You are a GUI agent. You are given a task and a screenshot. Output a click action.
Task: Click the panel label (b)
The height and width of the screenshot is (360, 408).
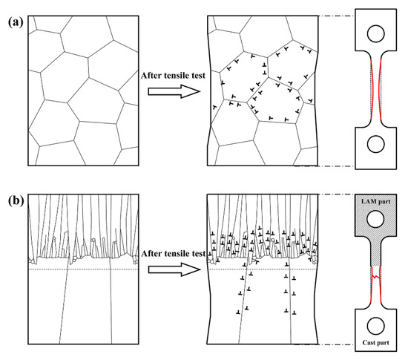(x=16, y=200)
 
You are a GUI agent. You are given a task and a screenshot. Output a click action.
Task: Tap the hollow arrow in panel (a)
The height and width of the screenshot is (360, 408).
(x=174, y=91)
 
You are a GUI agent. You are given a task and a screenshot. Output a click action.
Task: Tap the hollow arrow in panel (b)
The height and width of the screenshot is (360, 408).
(x=174, y=269)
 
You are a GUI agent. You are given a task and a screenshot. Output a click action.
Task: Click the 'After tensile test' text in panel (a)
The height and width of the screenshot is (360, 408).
(x=173, y=76)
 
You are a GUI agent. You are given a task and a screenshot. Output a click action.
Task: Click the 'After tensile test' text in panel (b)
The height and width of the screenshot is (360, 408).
(x=174, y=254)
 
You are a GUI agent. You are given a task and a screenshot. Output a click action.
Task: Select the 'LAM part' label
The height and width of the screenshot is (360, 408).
(x=376, y=202)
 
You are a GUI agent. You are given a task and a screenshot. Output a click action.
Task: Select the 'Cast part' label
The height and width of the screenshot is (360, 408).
(x=376, y=342)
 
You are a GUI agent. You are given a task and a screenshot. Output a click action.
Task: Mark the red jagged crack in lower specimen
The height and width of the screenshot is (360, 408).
(x=376, y=277)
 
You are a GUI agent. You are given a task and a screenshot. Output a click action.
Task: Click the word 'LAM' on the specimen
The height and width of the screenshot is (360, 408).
(x=368, y=202)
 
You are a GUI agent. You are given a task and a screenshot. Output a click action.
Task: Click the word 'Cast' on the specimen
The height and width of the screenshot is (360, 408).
(x=369, y=342)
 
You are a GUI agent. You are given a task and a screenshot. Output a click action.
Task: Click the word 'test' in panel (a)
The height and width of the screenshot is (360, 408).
(x=198, y=76)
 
